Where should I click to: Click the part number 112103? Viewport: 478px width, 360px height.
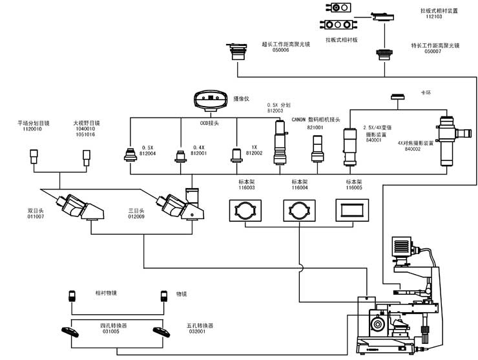coord(434,17)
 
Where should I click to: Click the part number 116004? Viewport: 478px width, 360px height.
coord(300,187)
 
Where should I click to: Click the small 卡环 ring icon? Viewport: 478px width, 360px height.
coord(397,98)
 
